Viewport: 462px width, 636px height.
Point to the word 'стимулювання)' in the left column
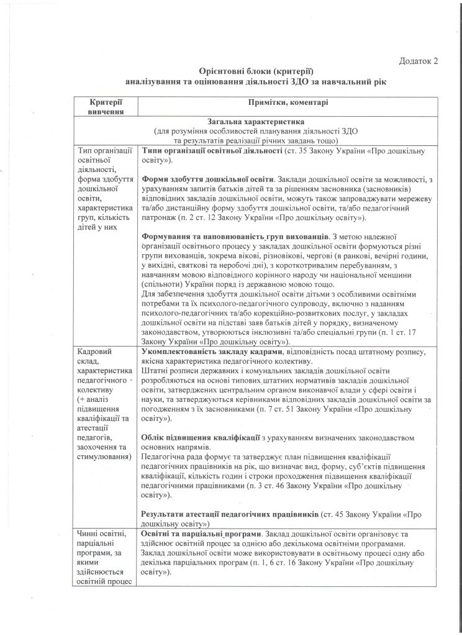(x=104, y=458)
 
